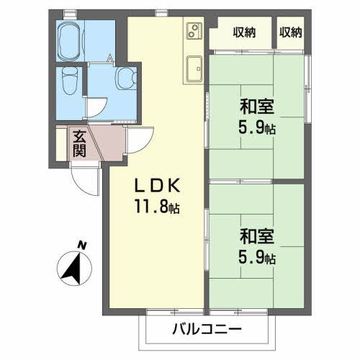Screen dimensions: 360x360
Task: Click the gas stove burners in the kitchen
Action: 193,30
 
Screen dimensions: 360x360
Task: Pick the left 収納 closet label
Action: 243,32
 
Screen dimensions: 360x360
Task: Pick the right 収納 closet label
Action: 291,32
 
